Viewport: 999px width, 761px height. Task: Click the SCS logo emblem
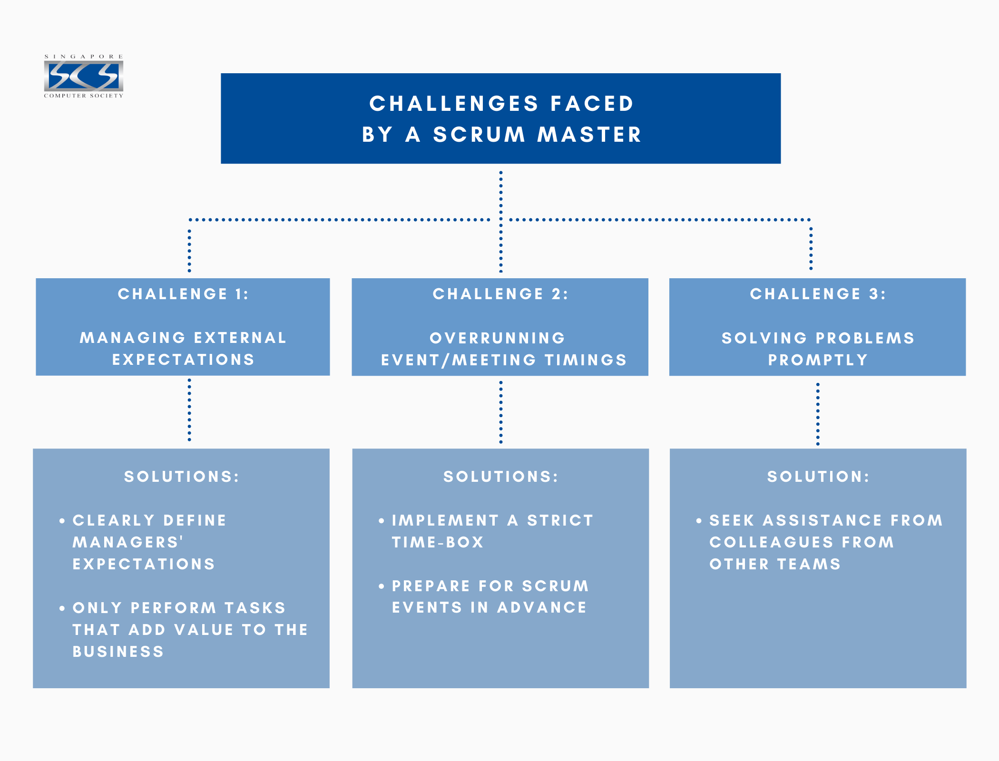coord(84,76)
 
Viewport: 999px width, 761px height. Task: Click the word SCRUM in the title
coord(479,135)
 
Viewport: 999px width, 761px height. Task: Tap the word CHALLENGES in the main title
coord(454,104)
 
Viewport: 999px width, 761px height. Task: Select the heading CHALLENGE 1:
coord(183,294)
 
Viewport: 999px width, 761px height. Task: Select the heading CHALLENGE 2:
coord(500,294)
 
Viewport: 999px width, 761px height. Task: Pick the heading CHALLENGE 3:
coord(818,294)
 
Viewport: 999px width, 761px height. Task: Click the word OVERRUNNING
coord(498,338)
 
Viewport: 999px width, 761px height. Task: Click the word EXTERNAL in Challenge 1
coord(240,338)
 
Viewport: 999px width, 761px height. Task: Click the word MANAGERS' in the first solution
coord(128,542)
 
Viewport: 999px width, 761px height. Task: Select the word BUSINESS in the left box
coord(118,652)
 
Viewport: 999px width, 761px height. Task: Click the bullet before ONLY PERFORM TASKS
coord(62,608)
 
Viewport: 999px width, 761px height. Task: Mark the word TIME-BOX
coord(438,542)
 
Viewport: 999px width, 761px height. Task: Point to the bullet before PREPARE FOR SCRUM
coord(381,586)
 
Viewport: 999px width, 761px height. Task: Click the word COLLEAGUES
coord(771,542)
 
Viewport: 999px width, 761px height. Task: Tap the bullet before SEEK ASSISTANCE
coord(698,521)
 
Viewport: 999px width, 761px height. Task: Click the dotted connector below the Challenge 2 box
coord(500,412)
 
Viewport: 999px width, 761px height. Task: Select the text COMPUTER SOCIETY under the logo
coord(84,96)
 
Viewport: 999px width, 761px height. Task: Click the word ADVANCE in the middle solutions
coord(542,607)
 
